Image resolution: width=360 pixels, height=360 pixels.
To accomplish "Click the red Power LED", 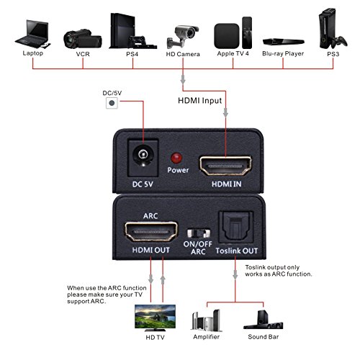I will click(x=174, y=158).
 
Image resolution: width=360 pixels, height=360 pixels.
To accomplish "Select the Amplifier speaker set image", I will click(x=207, y=320).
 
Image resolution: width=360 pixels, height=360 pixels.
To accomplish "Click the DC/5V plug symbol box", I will click(x=112, y=104).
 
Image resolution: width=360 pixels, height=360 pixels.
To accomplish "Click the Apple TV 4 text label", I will click(x=233, y=54).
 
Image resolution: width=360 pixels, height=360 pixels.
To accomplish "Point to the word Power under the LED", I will click(x=177, y=171).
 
